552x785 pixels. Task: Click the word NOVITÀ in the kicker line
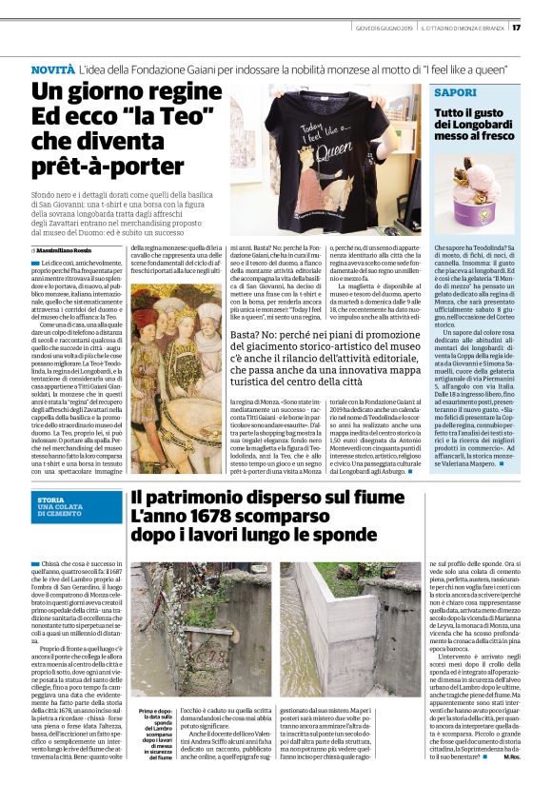pos(52,70)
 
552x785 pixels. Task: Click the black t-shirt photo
pos(325,161)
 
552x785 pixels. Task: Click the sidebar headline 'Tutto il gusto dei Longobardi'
pos(472,125)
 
